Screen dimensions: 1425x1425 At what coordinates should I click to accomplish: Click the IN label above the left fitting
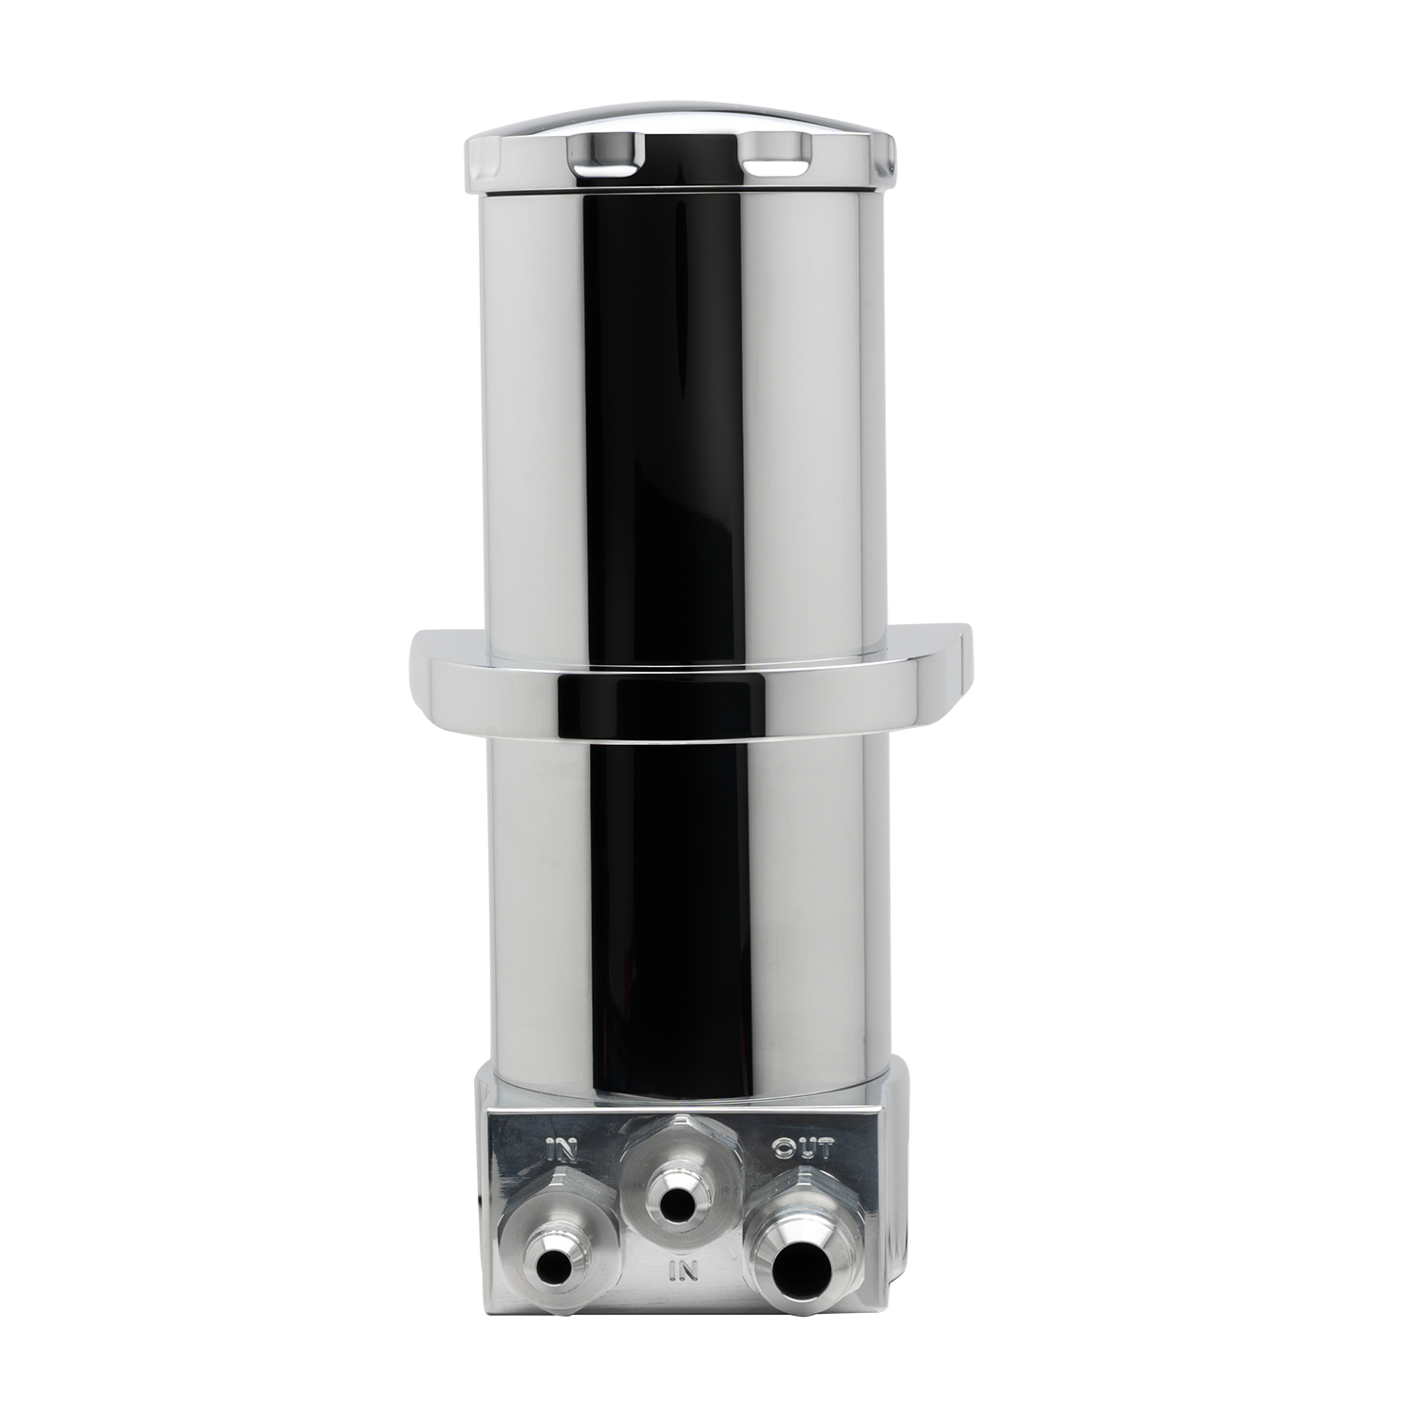[x=563, y=1152]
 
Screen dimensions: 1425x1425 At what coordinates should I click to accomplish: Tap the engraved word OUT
[x=803, y=1149]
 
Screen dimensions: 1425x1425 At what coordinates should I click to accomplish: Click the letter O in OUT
[x=784, y=1150]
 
